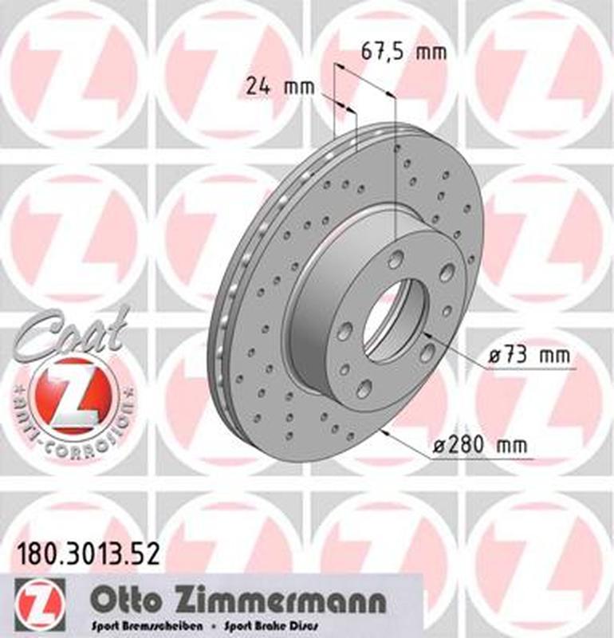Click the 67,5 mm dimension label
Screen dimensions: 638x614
(403, 53)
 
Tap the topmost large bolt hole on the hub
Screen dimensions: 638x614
(396, 259)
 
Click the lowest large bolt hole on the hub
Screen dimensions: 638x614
(364, 388)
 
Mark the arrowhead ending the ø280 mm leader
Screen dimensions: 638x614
(386, 433)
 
